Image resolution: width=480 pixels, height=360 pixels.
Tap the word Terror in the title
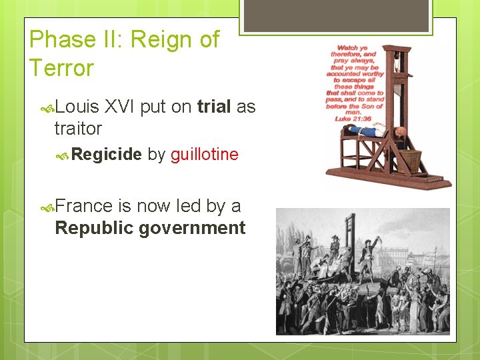[x=61, y=68]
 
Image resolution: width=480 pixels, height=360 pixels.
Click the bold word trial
[x=214, y=107]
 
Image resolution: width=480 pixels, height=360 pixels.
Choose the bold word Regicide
[x=106, y=155]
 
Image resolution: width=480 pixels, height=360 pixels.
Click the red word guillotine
[x=204, y=155]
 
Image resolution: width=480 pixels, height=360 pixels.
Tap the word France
[x=83, y=207]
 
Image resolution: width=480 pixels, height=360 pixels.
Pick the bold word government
[x=192, y=229]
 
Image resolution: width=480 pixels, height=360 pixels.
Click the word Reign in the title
[x=158, y=40]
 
